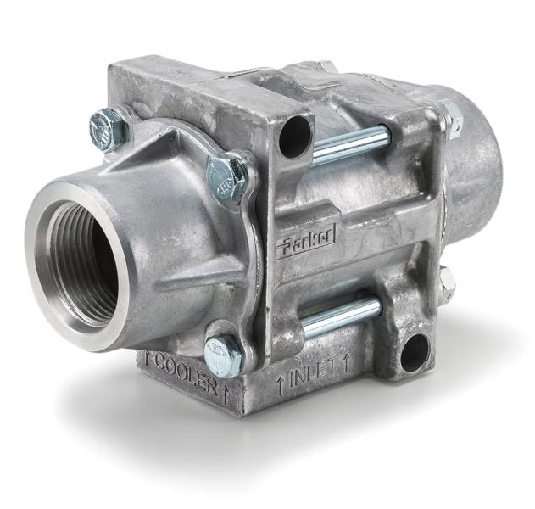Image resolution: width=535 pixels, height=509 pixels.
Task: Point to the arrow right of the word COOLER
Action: tap(226, 393)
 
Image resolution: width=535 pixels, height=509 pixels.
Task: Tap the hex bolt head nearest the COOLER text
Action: tap(223, 354)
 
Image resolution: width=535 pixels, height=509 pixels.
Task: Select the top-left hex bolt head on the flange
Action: tap(108, 130)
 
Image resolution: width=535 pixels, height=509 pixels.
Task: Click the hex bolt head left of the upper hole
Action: tap(227, 176)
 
